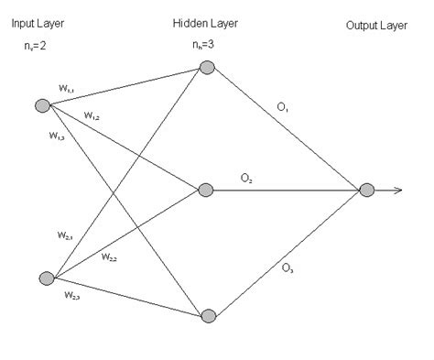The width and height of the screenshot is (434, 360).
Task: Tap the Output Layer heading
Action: coord(374,25)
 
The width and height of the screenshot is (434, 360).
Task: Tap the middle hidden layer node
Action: coord(208,191)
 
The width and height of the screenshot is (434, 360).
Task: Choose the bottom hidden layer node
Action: coord(208,316)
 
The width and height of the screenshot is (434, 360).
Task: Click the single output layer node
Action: coord(366,191)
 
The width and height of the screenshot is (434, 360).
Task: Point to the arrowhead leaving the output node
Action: coord(399,191)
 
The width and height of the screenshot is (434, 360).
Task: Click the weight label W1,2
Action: coord(92,115)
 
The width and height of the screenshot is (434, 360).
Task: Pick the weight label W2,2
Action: coord(109,256)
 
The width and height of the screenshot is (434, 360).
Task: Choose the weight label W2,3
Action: coord(72,295)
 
